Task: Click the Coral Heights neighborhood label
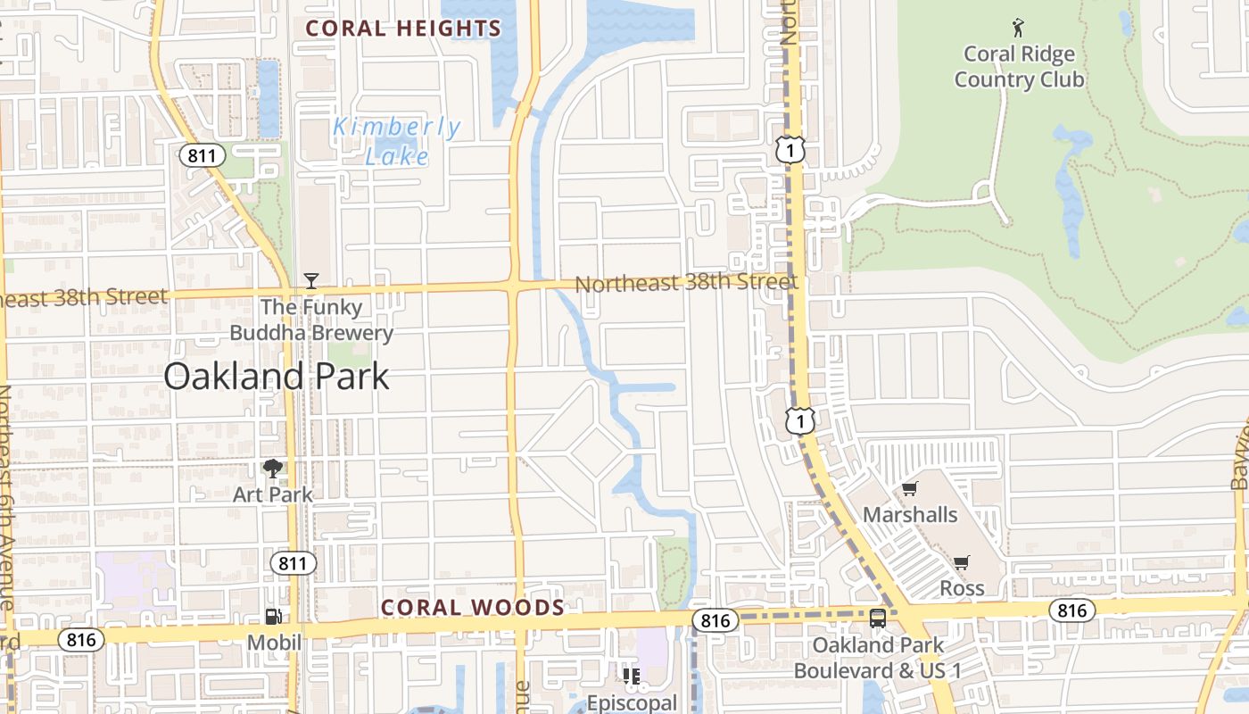(403, 29)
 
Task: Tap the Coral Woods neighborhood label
(473, 608)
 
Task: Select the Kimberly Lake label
(397, 141)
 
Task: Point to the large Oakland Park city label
(277, 377)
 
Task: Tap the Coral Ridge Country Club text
(1019, 67)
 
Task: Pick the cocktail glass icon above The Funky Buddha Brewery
(310, 281)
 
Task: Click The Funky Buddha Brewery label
(311, 320)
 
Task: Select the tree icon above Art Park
(273, 469)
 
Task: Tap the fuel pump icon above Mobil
(274, 616)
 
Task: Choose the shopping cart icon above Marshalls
(909, 489)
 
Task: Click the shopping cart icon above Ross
(961, 563)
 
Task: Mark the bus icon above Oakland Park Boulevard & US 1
(878, 618)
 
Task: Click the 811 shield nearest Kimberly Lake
(202, 156)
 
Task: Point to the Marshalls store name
(910, 515)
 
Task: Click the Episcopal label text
(632, 702)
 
